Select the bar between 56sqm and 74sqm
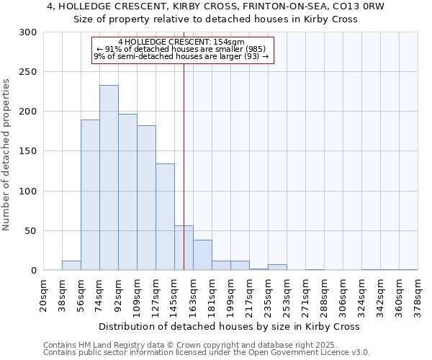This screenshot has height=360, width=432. pos(90,195)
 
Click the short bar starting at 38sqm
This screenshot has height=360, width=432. pos(71,266)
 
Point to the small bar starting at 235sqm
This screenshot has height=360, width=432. pos(277,267)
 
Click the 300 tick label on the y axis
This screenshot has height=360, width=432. pos(28,32)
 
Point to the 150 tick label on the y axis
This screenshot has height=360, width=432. pos(28,152)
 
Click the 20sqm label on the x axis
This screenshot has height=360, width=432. pos(43,296)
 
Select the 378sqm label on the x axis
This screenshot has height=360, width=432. pos(418,296)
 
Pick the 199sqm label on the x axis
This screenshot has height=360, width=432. pos(230,296)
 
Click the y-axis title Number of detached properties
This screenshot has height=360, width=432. pos(6,154)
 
